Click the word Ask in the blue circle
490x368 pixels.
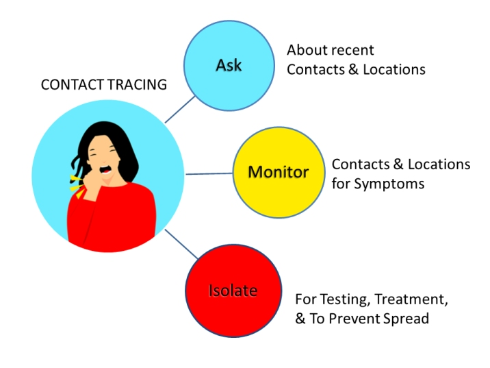[x=229, y=66]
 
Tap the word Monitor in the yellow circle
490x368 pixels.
[x=278, y=171]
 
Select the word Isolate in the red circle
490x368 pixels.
[x=233, y=291]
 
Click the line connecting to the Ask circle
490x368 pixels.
[x=179, y=109]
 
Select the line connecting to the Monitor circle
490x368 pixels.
[x=209, y=173]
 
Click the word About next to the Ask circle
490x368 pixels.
[x=305, y=51]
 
